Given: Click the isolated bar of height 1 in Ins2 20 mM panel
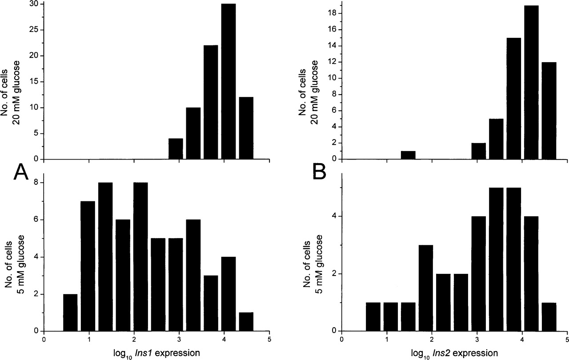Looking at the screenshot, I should (x=408, y=155).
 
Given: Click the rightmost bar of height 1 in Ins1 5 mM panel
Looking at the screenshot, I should (x=246, y=322).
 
